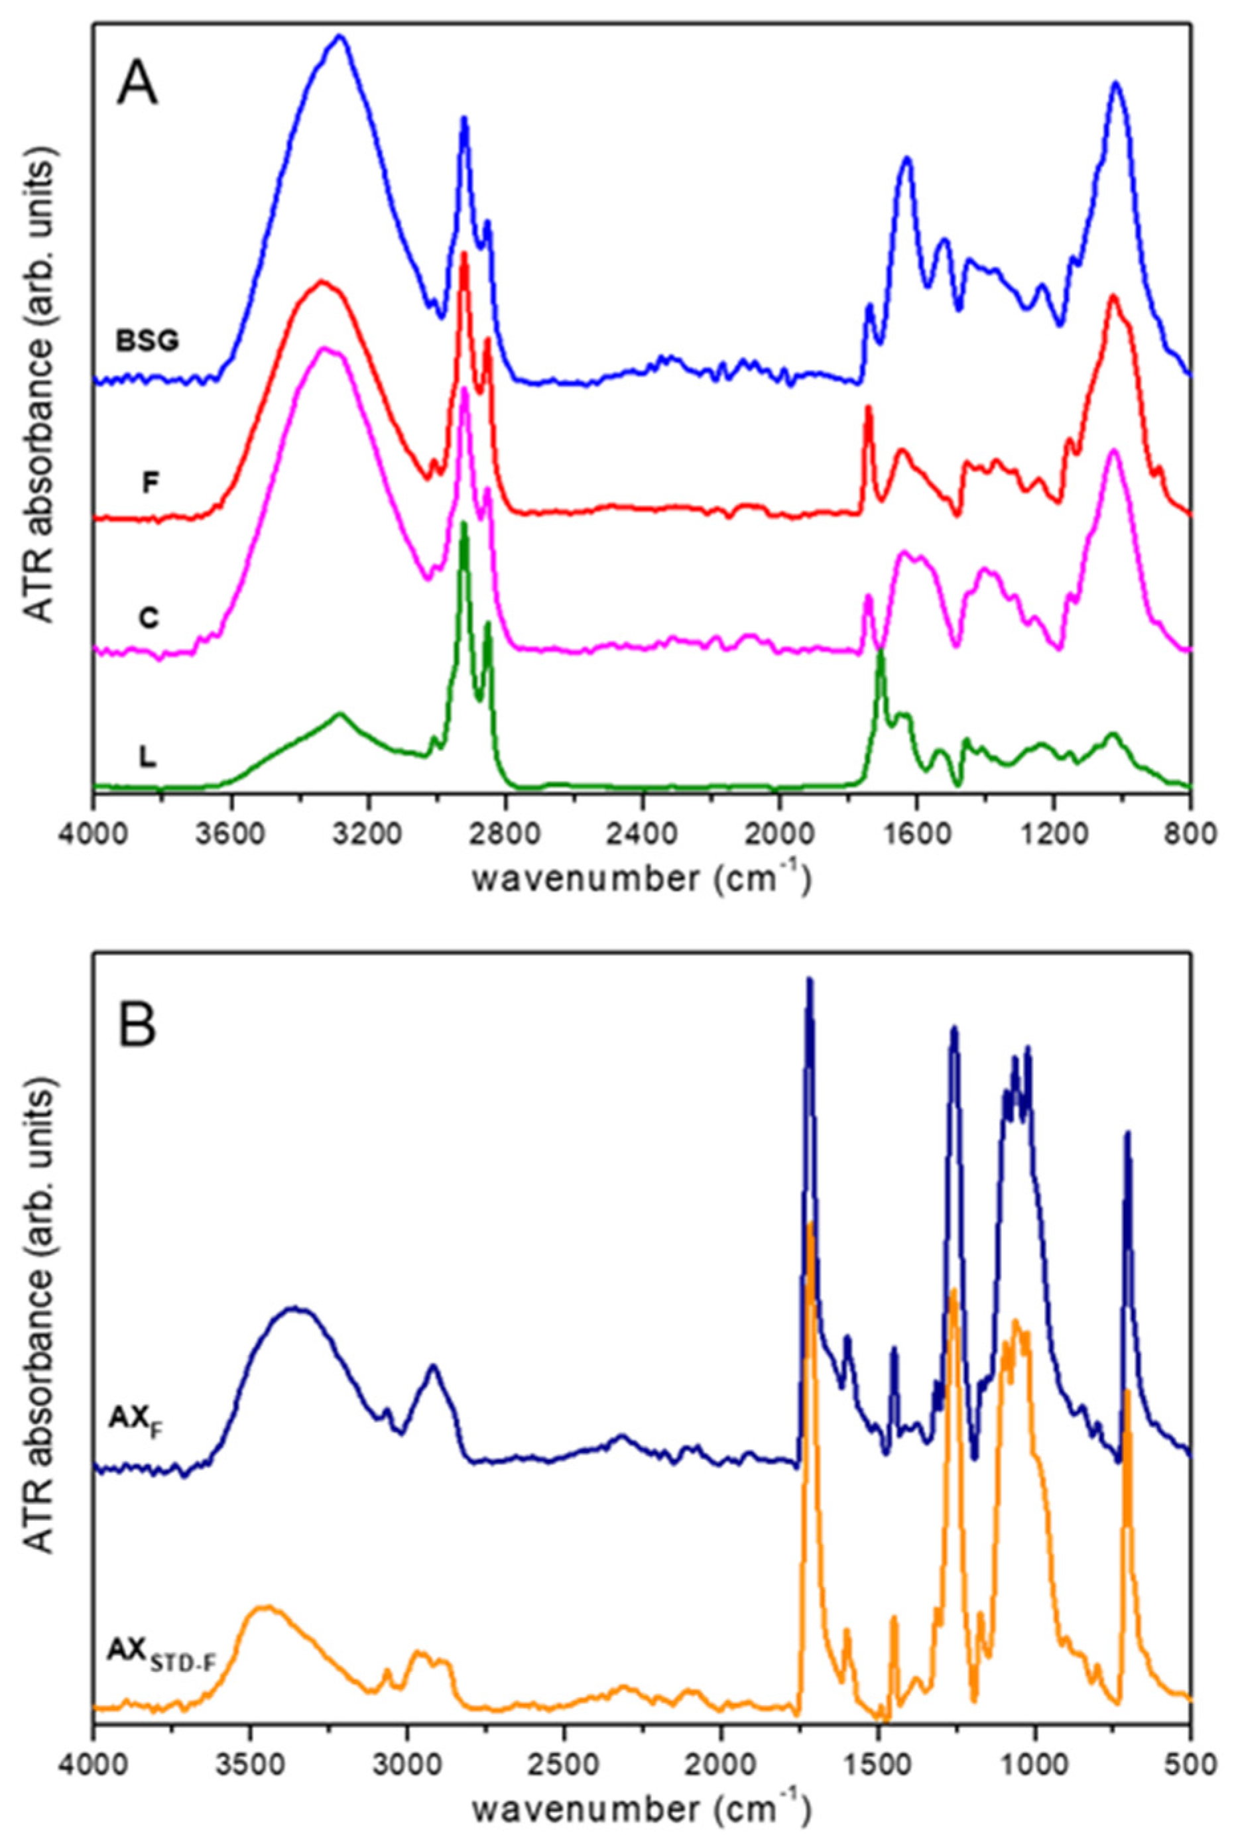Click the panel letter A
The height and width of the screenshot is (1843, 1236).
pos(137,84)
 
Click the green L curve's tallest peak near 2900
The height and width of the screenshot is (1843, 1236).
pos(463,522)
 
